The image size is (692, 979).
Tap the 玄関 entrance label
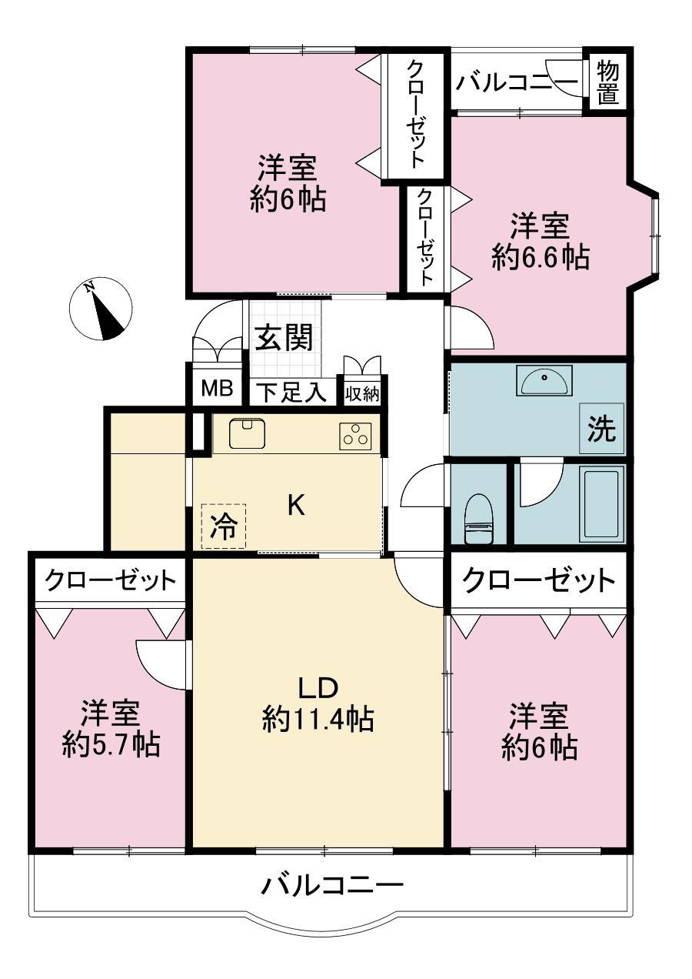(284, 337)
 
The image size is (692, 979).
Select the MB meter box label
(217, 388)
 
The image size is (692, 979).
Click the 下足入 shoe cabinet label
(291, 392)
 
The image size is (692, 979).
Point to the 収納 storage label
(362, 395)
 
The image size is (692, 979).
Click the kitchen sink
(248, 433)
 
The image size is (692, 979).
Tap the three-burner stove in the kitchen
(355, 436)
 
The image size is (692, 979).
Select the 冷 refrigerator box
(224, 526)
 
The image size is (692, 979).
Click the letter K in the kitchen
(295, 506)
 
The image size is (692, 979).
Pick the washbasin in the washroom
(544, 380)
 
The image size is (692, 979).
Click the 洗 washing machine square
(601, 428)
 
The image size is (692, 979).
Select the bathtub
(604, 504)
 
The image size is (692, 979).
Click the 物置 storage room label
(608, 82)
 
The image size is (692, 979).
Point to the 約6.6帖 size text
(541, 257)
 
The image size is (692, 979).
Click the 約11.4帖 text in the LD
(318, 719)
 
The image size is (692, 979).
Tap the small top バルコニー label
(517, 82)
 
